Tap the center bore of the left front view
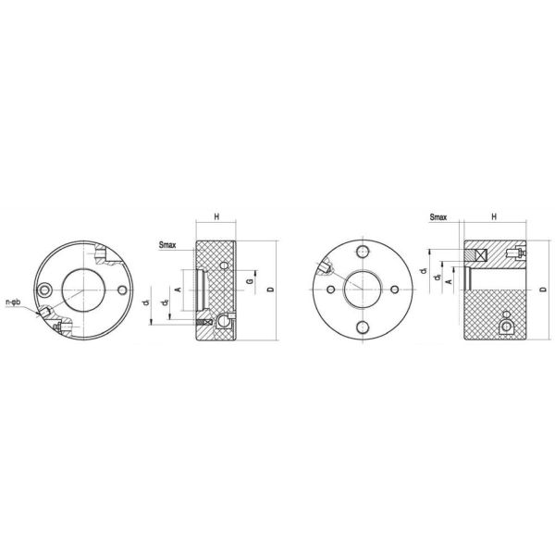pos(81,289)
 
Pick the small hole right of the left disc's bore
pos(123,289)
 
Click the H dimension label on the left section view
pos(216,216)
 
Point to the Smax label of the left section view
pos(169,245)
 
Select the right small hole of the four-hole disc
pos(397,290)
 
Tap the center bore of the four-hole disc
pos(362,290)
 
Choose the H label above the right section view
pos(494,216)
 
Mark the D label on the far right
pos(544,289)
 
